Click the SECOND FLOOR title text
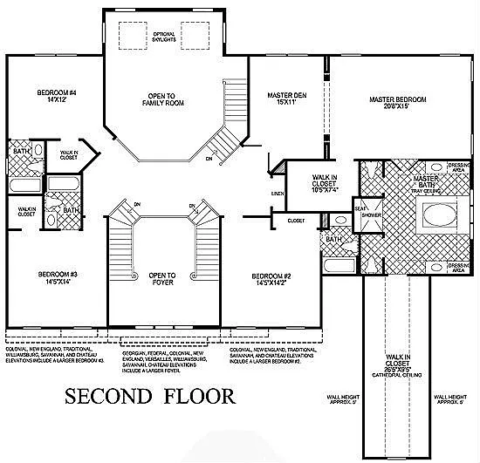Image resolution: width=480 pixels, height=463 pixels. [150, 396]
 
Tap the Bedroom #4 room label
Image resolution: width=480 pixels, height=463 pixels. [57, 92]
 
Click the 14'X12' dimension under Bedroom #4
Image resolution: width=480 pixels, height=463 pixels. [57, 99]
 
